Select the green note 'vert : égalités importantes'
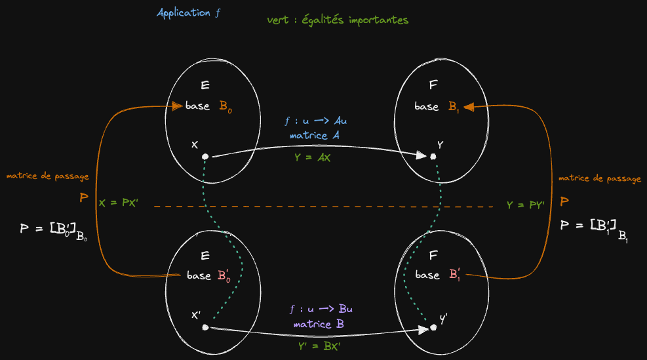338,20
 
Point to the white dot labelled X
205,157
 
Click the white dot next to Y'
433,327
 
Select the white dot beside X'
205,327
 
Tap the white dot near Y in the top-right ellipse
433,157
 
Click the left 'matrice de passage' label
47,176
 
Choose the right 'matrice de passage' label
599,178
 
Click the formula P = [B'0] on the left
54,230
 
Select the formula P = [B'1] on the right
595,227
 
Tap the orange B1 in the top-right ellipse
454,107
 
